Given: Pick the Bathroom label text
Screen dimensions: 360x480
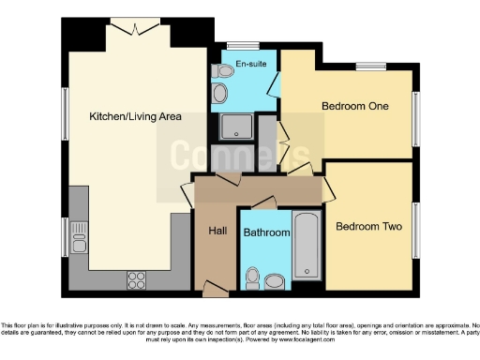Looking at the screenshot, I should click(266, 232).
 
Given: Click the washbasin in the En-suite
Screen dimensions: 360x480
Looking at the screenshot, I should click(220, 93).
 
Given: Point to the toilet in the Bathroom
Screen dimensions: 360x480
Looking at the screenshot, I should click(251, 277).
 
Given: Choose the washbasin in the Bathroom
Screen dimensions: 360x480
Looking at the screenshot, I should click(274, 279).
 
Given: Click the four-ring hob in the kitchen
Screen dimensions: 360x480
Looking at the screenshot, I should click(136, 277).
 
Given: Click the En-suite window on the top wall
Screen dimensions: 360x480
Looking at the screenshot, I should click(244, 44).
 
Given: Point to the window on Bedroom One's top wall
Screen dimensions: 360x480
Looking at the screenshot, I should click(370, 66).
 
